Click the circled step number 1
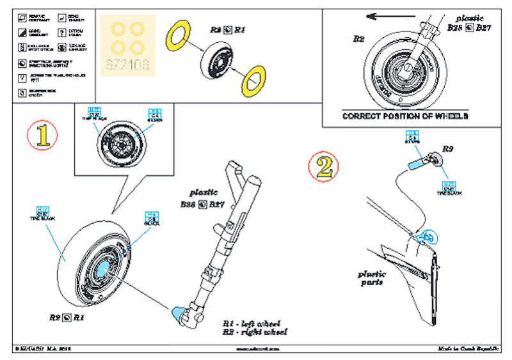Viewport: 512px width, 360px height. point(43,136)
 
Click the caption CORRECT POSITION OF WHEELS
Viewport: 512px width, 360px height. point(405,116)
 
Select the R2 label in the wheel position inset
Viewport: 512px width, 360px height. point(358,39)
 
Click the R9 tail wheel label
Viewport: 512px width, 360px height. point(448,148)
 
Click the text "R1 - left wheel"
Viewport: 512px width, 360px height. point(252,324)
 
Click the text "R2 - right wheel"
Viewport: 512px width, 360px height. point(254,333)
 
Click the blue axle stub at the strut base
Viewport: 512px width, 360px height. point(179,314)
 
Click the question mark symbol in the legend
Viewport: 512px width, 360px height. point(61,33)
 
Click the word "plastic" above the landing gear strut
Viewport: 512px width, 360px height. point(204,192)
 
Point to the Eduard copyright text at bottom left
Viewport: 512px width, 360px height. point(38,349)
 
